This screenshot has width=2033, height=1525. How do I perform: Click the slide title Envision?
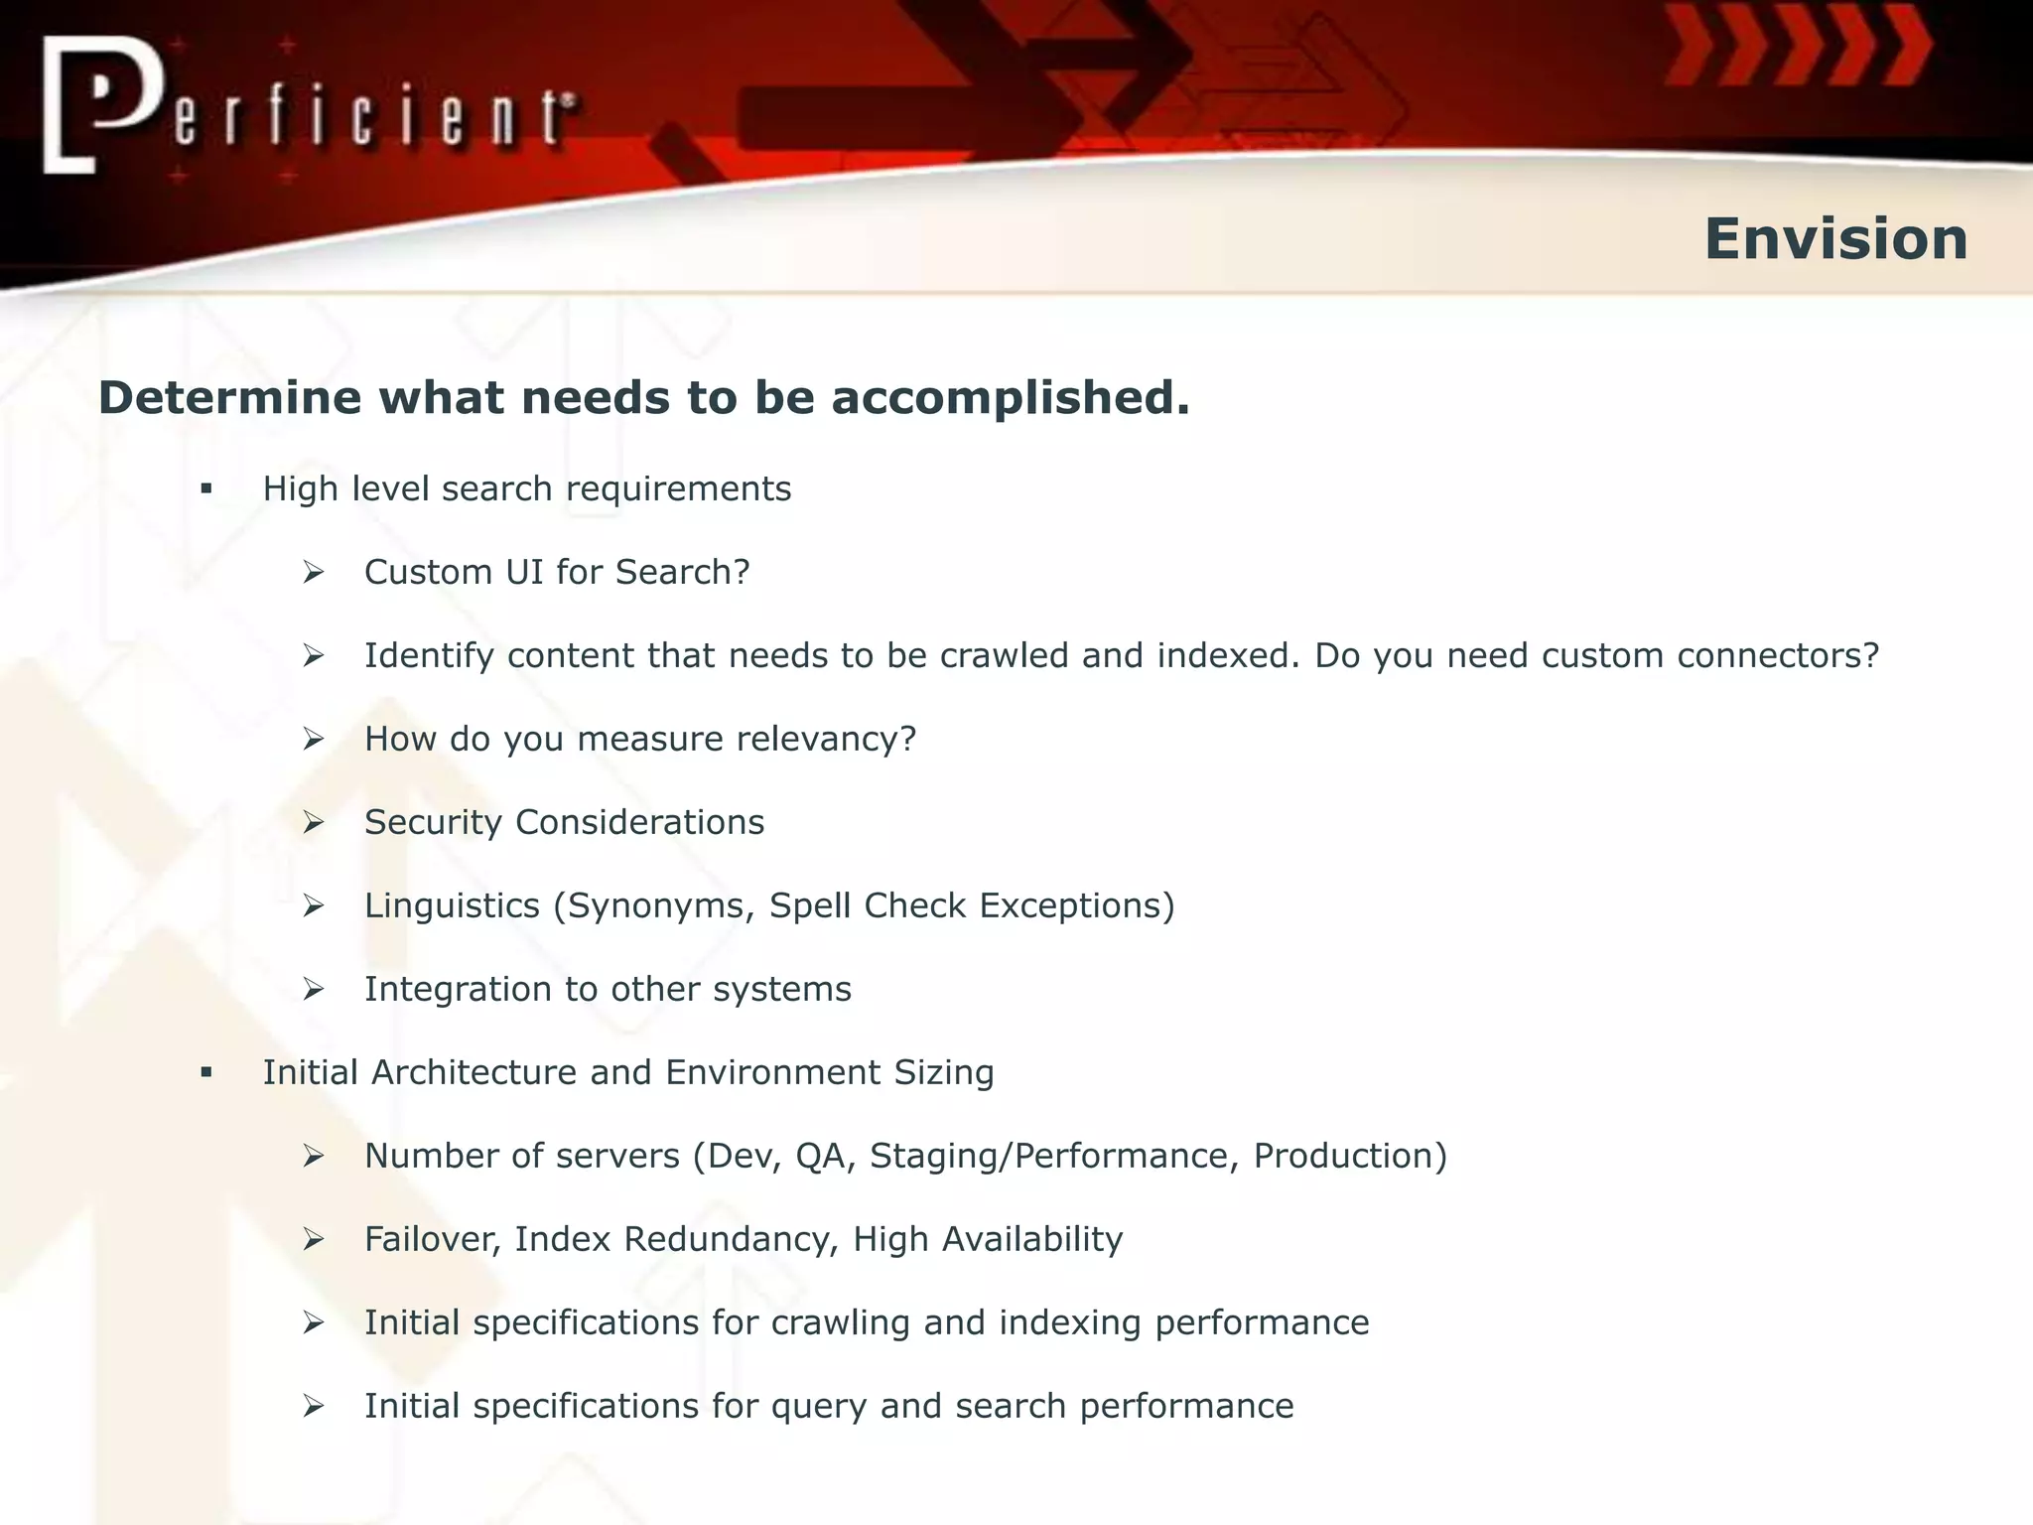1835,239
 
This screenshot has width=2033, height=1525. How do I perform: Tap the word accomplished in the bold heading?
1010,398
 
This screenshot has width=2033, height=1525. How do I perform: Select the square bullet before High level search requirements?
206,488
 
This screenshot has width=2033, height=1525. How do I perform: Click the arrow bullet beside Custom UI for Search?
314,572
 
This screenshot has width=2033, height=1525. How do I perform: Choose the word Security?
433,823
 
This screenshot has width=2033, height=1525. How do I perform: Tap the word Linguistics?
452,906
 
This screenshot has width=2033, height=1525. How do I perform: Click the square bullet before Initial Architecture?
206,1072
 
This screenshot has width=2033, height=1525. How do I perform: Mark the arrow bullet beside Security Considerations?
314,822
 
